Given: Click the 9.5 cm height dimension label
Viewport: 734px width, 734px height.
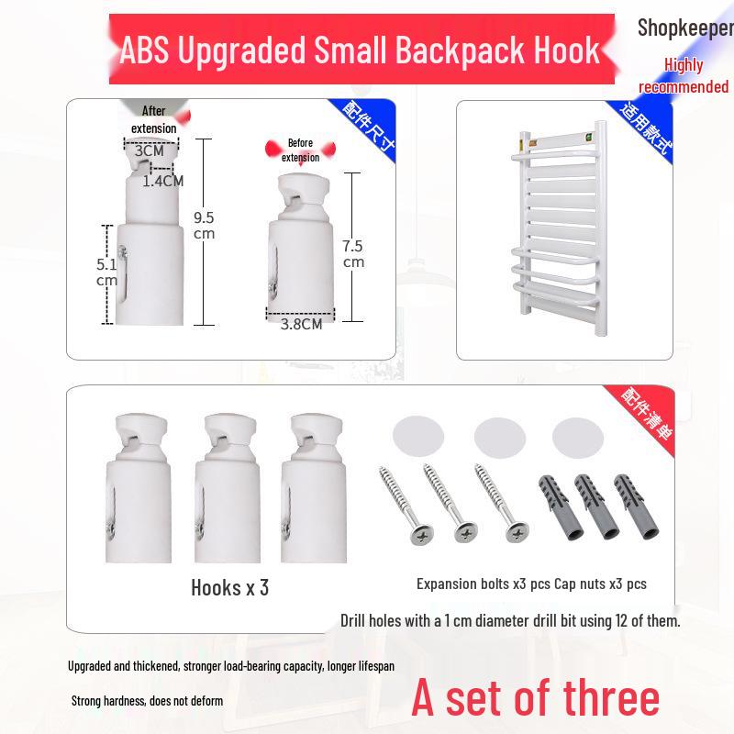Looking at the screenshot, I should coord(204,226).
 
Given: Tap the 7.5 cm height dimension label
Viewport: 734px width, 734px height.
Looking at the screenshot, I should coord(353,253).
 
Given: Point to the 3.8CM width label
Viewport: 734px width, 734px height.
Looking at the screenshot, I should coord(301,323).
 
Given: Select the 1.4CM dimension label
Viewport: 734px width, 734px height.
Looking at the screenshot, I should coord(162,181).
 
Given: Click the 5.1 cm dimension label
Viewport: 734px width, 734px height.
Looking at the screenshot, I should coord(106,272).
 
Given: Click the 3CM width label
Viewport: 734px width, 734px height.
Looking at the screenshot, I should coord(150,150).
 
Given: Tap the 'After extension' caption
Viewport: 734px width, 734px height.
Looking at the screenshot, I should coord(153,120).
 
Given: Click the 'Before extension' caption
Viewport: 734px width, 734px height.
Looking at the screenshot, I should coord(300,150).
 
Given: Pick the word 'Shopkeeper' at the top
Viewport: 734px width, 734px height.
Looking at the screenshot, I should coord(685,28).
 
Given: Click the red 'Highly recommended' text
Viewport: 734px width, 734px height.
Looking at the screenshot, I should coord(684,76).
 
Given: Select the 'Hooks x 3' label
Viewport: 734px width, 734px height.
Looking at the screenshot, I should coord(229,587).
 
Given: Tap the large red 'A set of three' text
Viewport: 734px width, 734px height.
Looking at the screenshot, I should coord(535,697).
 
